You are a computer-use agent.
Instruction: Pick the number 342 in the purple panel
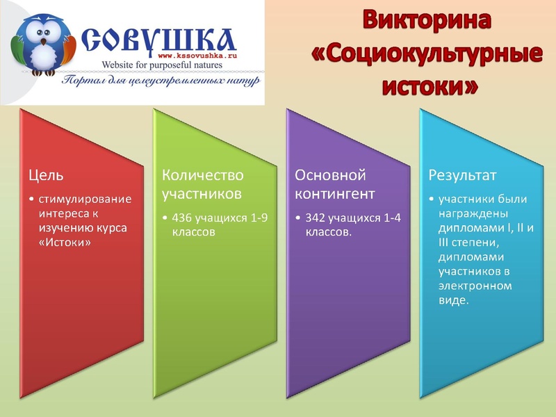[316, 218]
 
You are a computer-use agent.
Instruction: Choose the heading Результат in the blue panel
[461, 174]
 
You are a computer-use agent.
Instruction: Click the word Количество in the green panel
[202, 174]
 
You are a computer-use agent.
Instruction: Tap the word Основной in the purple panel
[330, 174]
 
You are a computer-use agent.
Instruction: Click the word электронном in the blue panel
[475, 286]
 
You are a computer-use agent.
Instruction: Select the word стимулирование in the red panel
[85, 199]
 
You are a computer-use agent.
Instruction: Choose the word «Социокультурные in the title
[426, 54]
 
